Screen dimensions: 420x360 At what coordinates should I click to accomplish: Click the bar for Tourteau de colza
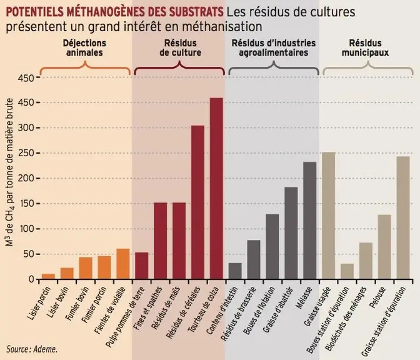216,189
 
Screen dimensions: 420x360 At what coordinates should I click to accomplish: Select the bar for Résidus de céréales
197,202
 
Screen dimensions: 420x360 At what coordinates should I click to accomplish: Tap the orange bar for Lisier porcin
48,276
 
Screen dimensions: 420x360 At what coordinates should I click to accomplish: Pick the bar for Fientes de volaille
123,264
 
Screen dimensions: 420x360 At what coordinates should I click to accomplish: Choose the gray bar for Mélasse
309,221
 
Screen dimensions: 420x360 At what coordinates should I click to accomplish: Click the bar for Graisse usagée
328,216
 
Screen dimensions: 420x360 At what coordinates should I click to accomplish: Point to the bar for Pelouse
384,247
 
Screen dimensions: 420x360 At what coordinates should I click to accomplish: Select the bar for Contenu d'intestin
235,271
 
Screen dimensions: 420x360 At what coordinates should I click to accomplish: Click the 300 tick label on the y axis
26,127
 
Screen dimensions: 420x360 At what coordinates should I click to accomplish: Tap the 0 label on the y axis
31,279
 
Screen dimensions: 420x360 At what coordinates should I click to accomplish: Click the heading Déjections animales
84,47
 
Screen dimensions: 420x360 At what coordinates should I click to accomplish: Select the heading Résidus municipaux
365,47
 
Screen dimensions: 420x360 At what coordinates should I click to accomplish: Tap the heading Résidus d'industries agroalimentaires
274,47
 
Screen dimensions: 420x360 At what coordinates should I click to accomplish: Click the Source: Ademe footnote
32,349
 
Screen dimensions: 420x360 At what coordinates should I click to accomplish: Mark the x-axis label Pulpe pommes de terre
125,317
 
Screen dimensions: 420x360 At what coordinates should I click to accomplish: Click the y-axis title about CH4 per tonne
9,172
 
